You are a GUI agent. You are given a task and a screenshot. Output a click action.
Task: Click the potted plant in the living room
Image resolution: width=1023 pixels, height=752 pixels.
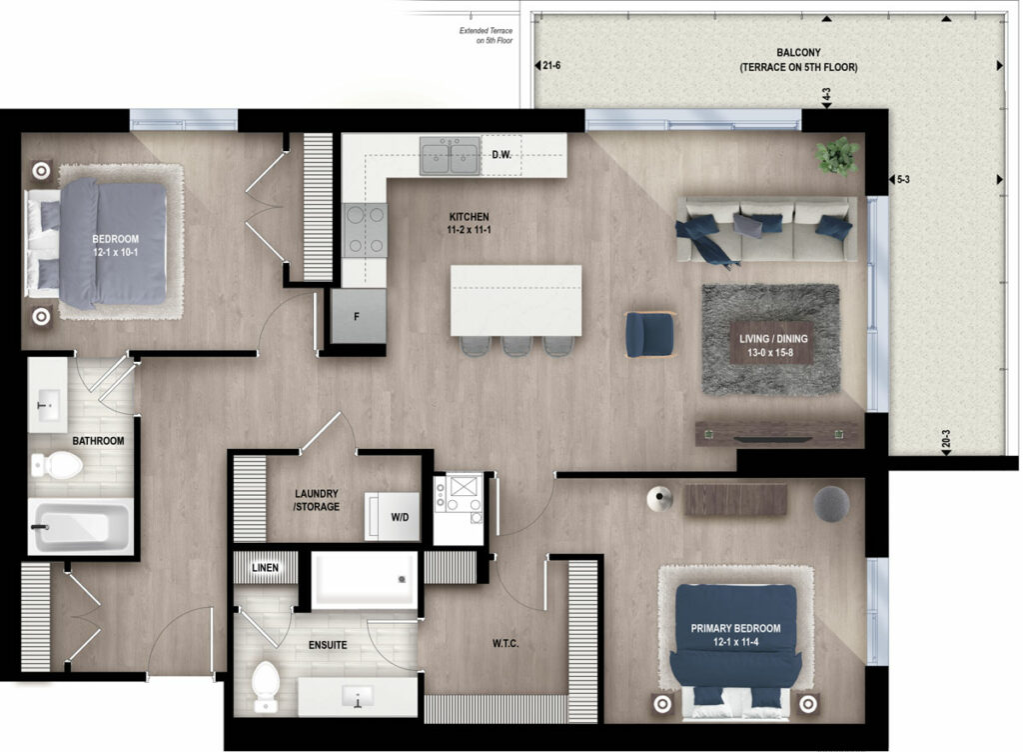(837, 155)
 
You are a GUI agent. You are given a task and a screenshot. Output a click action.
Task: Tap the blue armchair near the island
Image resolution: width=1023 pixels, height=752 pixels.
(649, 335)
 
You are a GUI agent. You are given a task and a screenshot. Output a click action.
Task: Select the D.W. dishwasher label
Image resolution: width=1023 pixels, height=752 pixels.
(502, 155)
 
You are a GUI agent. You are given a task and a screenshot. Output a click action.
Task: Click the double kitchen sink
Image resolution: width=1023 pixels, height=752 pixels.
(451, 155)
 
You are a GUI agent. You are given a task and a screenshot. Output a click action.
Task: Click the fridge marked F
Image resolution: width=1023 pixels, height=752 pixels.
(358, 317)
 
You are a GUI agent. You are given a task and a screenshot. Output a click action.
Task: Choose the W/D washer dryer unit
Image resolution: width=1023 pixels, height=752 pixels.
(392, 516)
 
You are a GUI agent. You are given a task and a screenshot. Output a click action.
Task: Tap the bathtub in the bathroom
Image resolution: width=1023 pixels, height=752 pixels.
(80, 526)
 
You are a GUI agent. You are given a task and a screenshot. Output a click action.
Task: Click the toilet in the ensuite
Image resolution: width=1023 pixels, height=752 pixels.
(266, 686)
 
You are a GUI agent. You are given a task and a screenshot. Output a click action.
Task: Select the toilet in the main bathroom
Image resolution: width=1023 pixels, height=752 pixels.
(57, 466)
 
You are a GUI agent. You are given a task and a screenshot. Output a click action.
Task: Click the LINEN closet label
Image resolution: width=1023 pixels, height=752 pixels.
(265, 568)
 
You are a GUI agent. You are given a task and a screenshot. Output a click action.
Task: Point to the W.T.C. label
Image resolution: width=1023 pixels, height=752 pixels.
(506, 644)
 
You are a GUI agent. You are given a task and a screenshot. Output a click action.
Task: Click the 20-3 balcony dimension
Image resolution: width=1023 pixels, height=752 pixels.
(946, 438)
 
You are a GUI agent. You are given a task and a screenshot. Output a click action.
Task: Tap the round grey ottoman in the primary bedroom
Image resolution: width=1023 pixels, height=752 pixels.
(832, 504)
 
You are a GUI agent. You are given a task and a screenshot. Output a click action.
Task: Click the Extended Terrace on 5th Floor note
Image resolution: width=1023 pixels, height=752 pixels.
(487, 35)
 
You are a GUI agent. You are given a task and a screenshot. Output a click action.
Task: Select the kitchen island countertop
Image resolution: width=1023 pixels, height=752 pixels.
(515, 300)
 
